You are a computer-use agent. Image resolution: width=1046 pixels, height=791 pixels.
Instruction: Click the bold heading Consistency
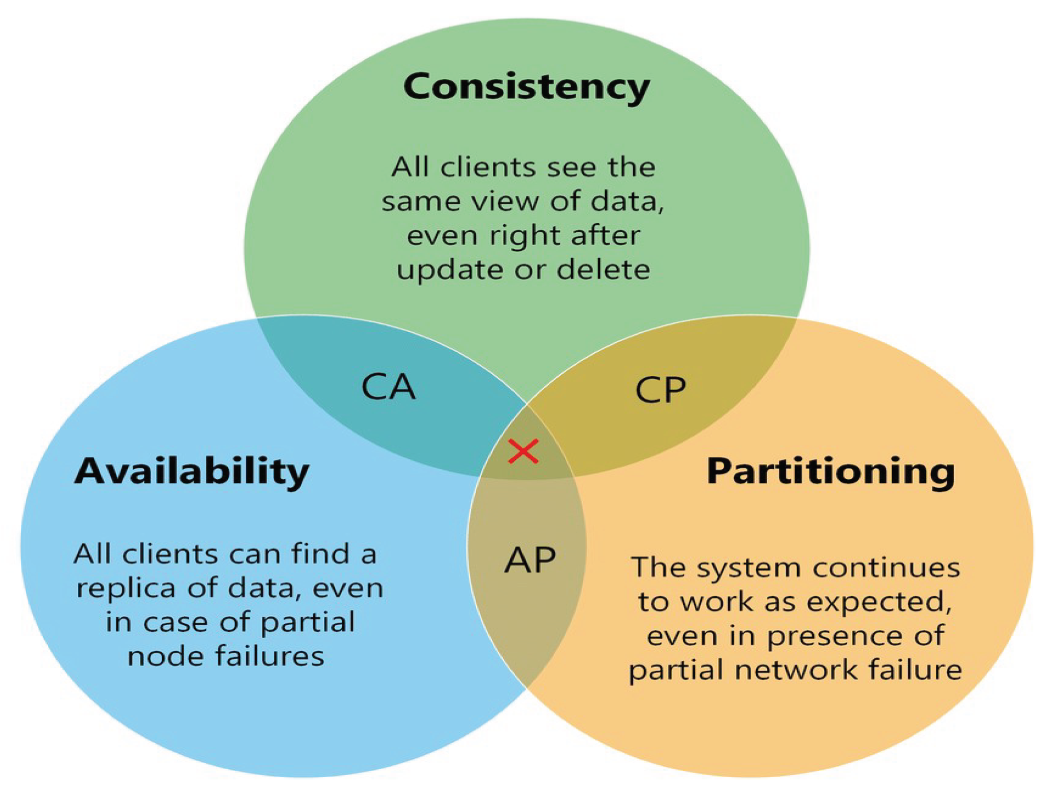(x=526, y=87)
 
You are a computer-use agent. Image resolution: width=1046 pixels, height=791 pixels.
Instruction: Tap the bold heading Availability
(x=192, y=471)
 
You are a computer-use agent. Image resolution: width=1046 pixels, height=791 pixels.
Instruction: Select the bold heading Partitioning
(x=830, y=471)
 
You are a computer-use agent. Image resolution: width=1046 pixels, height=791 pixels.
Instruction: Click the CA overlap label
(x=388, y=387)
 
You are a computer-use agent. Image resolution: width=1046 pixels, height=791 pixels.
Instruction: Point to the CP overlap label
(x=660, y=390)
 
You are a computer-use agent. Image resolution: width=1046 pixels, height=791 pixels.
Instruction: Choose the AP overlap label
(x=530, y=560)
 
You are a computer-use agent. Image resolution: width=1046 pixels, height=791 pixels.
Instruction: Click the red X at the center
(x=523, y=451)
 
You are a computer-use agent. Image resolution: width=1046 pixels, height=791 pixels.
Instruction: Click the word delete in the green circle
(x=603, y=269)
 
